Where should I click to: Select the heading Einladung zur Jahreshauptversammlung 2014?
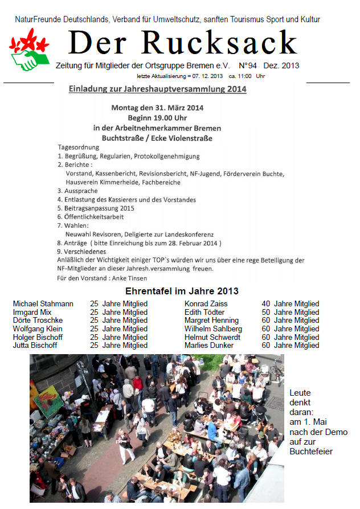click(x=157, y=89)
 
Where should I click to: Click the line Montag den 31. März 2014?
click(x=157, y=108)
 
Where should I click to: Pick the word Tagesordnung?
click(x=79, y=147)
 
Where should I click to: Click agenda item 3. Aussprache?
click(x=77, y=191)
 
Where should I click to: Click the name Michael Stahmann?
click(x=43, y=304)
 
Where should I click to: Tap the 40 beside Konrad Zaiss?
click(x=265, y=304)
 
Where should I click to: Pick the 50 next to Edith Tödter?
click(x=265, y=312)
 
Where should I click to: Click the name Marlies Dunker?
click(x=209, y=345)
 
